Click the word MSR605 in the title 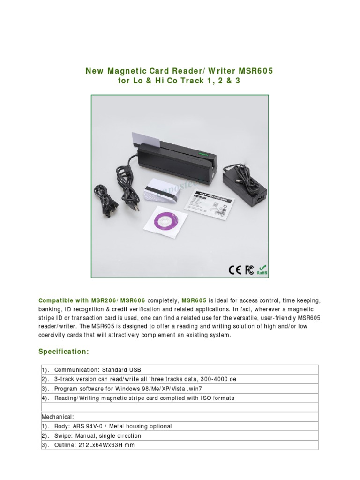tap(255, 71)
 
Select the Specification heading tap(63, 352)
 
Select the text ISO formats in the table tap(217, 398)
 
